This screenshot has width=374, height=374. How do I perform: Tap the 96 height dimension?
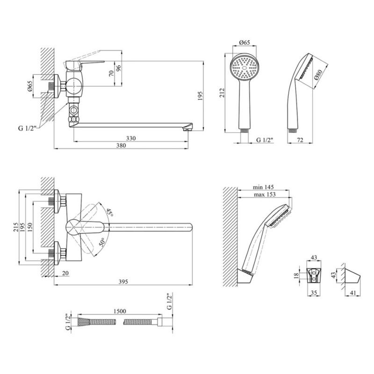pyautogui.click(x=119, y=68)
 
